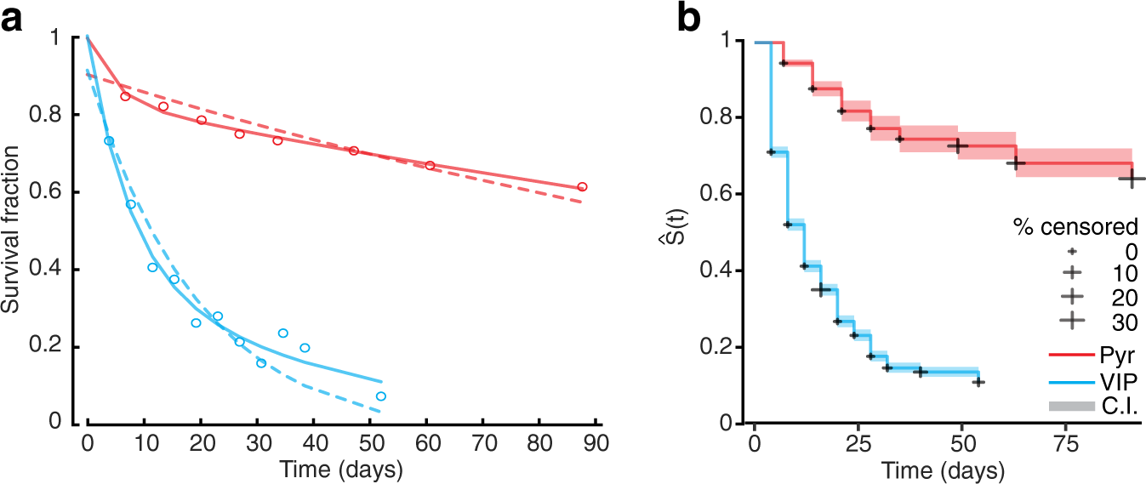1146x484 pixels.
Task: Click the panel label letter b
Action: point(689,18)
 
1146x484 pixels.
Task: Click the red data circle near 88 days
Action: point(582,186)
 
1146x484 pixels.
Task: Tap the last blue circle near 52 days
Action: point(381,396)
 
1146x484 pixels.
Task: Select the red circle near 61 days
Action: point(430,165)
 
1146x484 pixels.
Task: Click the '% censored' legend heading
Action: point(1075,227)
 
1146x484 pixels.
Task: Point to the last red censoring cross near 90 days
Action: point(1132,179)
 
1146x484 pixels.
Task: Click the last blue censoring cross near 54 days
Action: point(978,382)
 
